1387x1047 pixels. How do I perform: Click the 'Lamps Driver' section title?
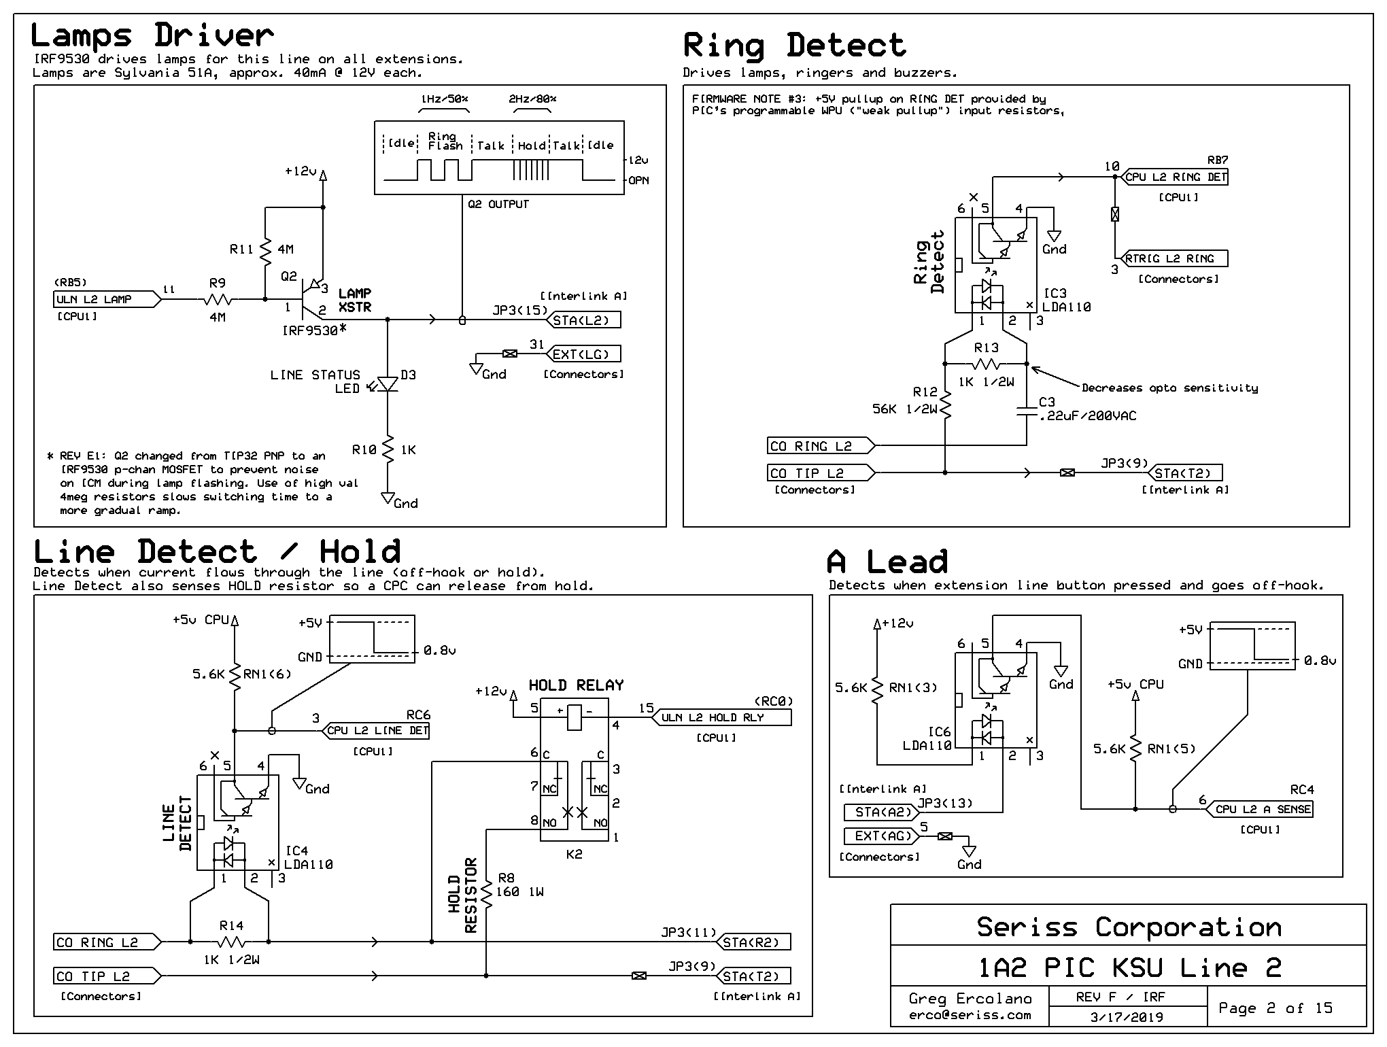pos(152,35)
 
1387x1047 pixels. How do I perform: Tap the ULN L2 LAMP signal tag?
pos(107,299)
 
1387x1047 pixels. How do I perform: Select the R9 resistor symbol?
pos(218,299)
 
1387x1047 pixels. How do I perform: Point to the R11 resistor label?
pos(241,250)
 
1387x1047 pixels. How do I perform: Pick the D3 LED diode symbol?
pos(388,384)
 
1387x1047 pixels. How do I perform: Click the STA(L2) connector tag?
pos(583,320)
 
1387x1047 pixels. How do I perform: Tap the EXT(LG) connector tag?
pos(583,354)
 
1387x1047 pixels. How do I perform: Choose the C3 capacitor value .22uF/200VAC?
pos(1088,415)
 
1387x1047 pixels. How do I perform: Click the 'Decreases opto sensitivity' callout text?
pos(1169,388)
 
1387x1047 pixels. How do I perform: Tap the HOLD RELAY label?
pos(576,685)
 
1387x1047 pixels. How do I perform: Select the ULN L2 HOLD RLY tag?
pos(721,717)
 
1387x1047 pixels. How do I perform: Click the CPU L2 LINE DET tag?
pos(375,731)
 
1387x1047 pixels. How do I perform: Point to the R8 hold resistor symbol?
pos(487,894)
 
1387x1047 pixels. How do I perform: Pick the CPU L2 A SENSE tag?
pos(1260,809)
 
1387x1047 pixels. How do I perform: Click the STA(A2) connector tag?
pos(880,812)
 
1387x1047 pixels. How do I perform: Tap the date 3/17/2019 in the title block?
pos(1127,1018)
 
